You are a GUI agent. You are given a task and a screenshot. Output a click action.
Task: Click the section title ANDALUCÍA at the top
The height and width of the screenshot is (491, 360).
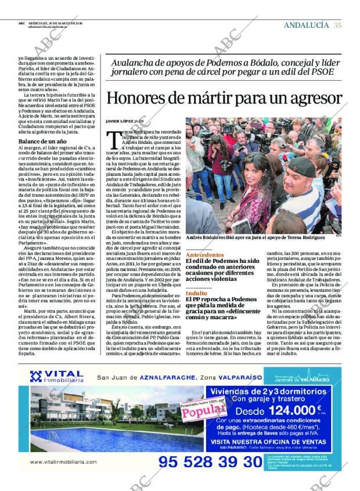click(x=306, y=25)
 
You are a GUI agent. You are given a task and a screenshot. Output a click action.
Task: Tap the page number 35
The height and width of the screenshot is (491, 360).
click(x=337, y=25)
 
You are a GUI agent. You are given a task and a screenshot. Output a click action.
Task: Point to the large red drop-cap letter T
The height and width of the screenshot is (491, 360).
click(x=113, y=138)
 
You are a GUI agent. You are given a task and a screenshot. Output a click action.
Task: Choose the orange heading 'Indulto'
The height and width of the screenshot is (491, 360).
click(x=196, y=294)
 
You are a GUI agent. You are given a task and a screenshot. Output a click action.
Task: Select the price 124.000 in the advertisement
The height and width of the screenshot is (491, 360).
click(x=285, y=409)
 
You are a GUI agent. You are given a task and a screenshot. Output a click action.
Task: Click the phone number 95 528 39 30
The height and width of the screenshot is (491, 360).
click(x=210, y=461)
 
